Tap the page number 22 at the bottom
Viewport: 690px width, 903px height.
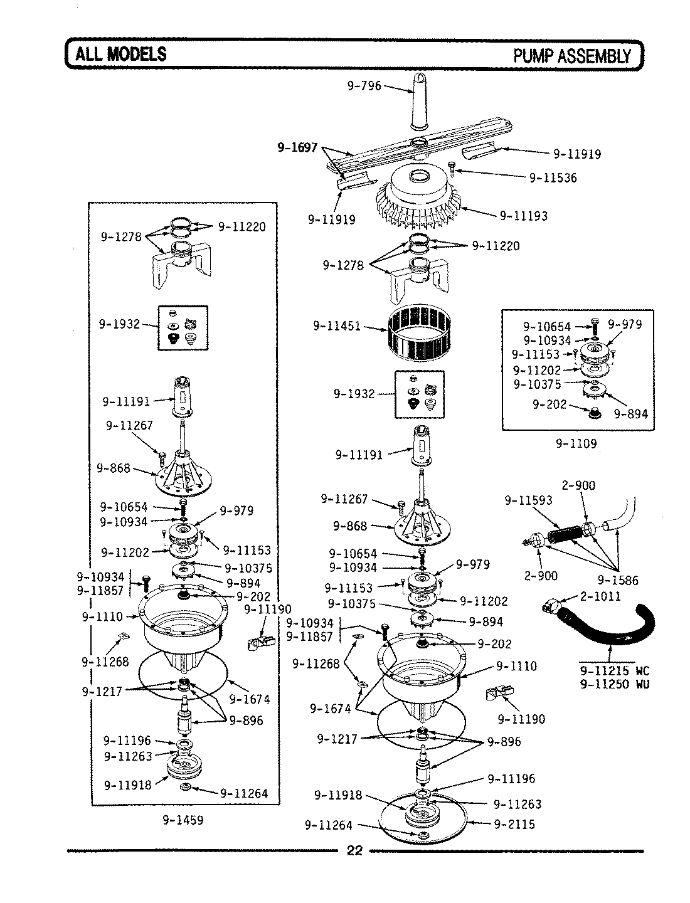click(354, 850)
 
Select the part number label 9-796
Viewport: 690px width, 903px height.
click(364, 86)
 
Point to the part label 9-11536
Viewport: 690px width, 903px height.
click(553, 177)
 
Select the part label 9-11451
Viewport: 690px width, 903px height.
click(336, 326)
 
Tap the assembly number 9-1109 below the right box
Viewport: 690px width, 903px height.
click(576, 443)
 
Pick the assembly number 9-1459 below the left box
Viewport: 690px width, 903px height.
click(183, 819)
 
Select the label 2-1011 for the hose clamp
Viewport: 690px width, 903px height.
click(600, 596)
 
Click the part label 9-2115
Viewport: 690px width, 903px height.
click(514, 824)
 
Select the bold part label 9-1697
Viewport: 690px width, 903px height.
click(298, 148)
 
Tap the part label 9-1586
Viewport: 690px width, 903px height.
click(617, 580)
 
